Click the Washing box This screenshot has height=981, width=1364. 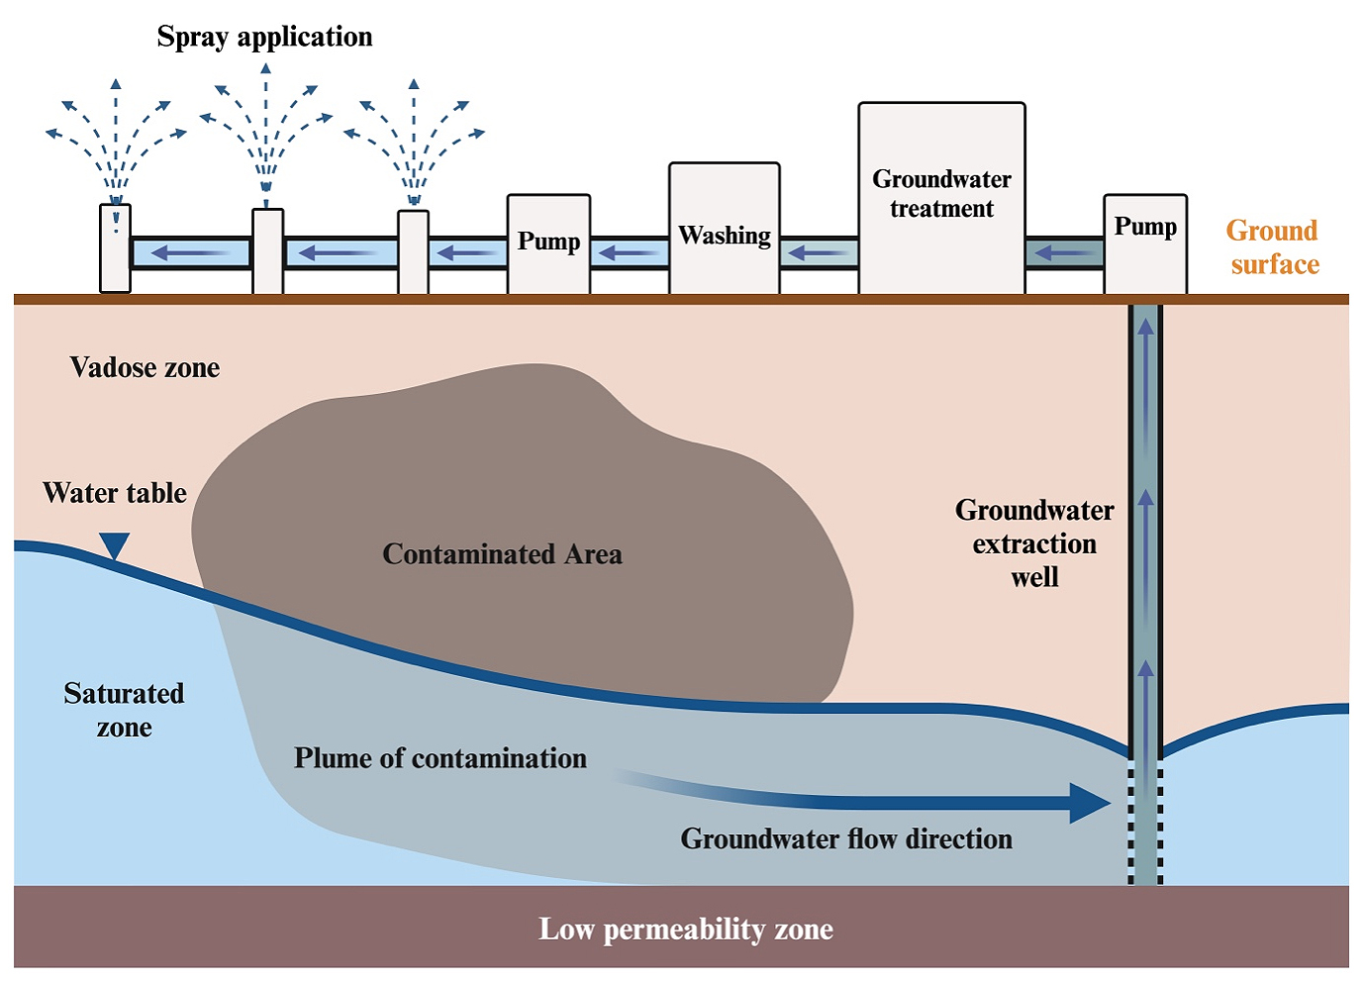[x=725, y=230]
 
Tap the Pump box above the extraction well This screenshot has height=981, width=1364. [x=1145, y=243]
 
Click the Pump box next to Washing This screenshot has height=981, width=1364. [x=548, y=244]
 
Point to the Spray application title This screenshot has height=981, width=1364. [x=264, y=37]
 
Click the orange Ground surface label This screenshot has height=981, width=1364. [x=1273, y=247]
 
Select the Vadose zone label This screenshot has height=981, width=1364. [x=145, y=367]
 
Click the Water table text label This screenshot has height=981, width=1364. [x=115, y=493]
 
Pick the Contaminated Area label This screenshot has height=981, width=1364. [x=502, y=554]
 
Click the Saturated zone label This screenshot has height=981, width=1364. [x=124, y=710]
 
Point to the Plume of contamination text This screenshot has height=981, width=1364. [x=440, y=758]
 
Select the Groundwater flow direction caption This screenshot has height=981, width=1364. [x=846, y=839]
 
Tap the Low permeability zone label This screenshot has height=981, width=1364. [x=685, y=930]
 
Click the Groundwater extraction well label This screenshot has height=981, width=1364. [x=1034, y=543]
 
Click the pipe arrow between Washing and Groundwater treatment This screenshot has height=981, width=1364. [x=819, y=253]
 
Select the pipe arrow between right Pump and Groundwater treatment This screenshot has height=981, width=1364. [x=1064, y=253]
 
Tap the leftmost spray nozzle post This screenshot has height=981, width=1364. [x=116, y=248]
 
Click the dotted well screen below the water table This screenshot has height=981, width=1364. [x=1145, y=822]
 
